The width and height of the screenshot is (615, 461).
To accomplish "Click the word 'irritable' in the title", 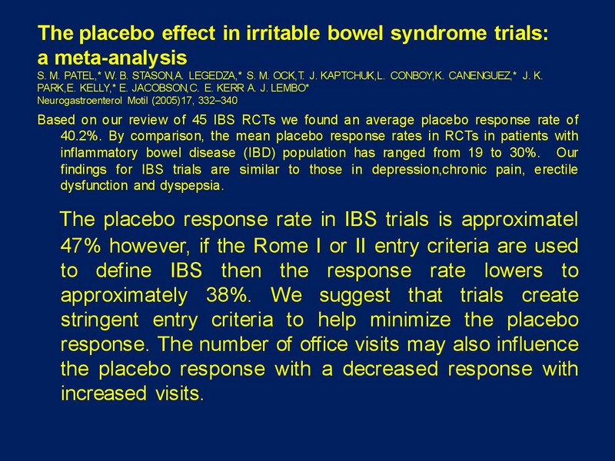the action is (x=284, y=33).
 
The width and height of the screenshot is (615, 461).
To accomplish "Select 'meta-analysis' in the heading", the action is (x=121, y=58).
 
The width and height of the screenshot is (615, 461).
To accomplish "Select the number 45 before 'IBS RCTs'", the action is (x=200, y=120).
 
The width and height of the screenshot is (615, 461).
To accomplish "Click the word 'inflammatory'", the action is (x=99, y=152).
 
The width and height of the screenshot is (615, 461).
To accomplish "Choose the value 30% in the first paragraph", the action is (x=524, y=152).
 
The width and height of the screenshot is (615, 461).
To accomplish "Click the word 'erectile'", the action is (x=556, y=169).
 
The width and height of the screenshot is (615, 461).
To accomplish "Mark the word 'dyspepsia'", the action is (x=191, y=186).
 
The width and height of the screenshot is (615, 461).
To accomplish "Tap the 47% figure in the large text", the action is (x=81, y=246).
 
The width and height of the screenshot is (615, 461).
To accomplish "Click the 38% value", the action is (x=228, y=295).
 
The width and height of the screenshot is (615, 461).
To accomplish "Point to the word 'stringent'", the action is (x=100, y=320).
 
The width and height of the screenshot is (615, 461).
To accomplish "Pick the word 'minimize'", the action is (x=411, y=320).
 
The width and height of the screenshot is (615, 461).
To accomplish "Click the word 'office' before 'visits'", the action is (x=324, y=344).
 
